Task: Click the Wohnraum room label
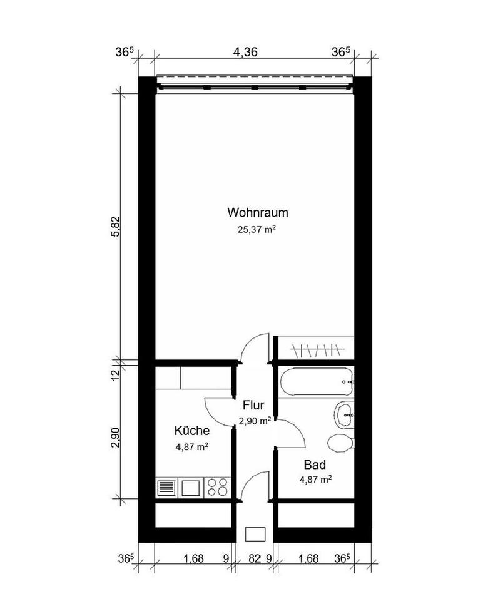tap(258, 212)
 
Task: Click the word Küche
tap(191, 431)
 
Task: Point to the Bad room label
tap(315, 465)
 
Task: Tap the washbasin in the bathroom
tap(344, 413)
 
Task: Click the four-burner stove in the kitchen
tap(217, 487)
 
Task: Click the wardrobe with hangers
tap(317, 348)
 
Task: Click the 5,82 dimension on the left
tap(115, 225)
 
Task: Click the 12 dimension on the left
tap(115, 374)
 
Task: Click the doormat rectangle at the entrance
tap(255, 533)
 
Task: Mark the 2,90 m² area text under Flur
tap(255, 421)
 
